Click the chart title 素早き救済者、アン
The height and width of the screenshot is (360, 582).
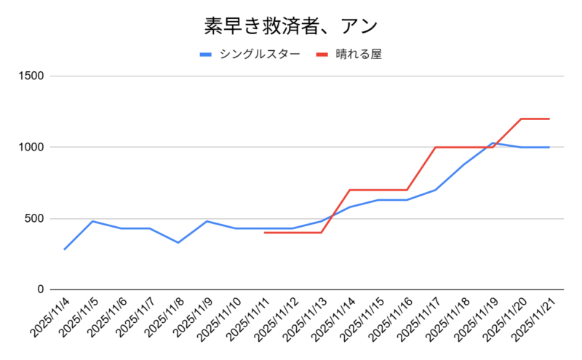coord(290,26)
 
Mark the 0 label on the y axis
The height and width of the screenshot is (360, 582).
coord(41,289)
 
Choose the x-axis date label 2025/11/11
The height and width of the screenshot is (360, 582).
coord(251,317)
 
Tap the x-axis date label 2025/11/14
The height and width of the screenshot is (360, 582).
coord(336,317)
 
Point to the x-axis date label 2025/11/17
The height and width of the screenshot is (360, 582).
coord(422,317)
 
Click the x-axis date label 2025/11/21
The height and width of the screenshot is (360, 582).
coord(536,317)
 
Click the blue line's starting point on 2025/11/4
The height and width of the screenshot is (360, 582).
coord(65,249)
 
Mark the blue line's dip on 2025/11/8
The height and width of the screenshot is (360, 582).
coord(178,242)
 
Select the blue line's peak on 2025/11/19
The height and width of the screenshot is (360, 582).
coord(493,143)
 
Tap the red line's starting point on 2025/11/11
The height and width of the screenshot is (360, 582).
coord(264,233)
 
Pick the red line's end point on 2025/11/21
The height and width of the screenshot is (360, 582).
coord(549,119)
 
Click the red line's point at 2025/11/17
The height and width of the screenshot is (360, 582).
coord(435,147)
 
